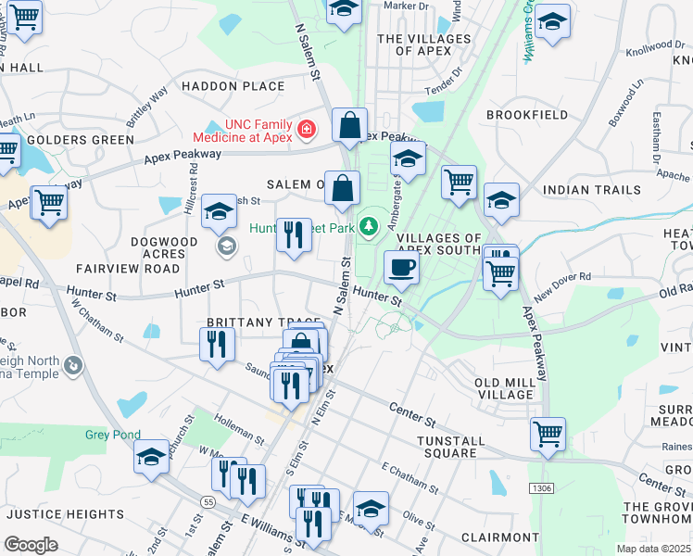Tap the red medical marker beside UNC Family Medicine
[x=306, y=131]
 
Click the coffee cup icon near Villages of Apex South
[x=401, y=268]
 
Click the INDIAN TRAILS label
[x=591, y=190]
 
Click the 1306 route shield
[x=541, y=487]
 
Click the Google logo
[x=31, y=545]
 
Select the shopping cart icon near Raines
[x=548, y=433]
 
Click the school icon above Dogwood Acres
[x=220, y=213]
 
